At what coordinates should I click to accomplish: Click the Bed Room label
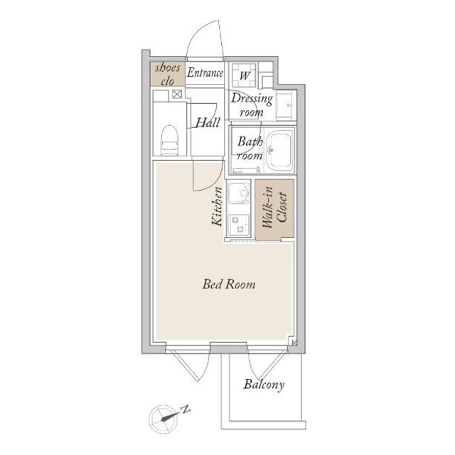(229, 284)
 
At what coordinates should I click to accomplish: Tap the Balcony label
(264, 385)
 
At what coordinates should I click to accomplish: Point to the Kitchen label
(217, 206)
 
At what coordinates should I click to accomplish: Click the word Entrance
(205, 73)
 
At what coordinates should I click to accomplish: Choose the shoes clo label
(168, 74)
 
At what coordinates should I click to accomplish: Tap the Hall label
(208, 122)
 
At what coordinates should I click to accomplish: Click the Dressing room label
(252, 105)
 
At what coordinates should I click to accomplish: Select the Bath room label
(250, 149)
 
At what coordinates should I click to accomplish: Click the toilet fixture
(169, 140)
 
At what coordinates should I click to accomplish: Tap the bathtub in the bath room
(279, 151)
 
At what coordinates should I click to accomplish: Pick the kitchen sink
(239, 193)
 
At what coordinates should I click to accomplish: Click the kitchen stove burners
(239, 225)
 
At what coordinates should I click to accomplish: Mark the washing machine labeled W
(244, 75)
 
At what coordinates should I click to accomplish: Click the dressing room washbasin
(286, 105)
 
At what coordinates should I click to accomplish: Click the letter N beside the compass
(185, 409)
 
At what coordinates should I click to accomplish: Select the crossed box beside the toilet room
(177, 94)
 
